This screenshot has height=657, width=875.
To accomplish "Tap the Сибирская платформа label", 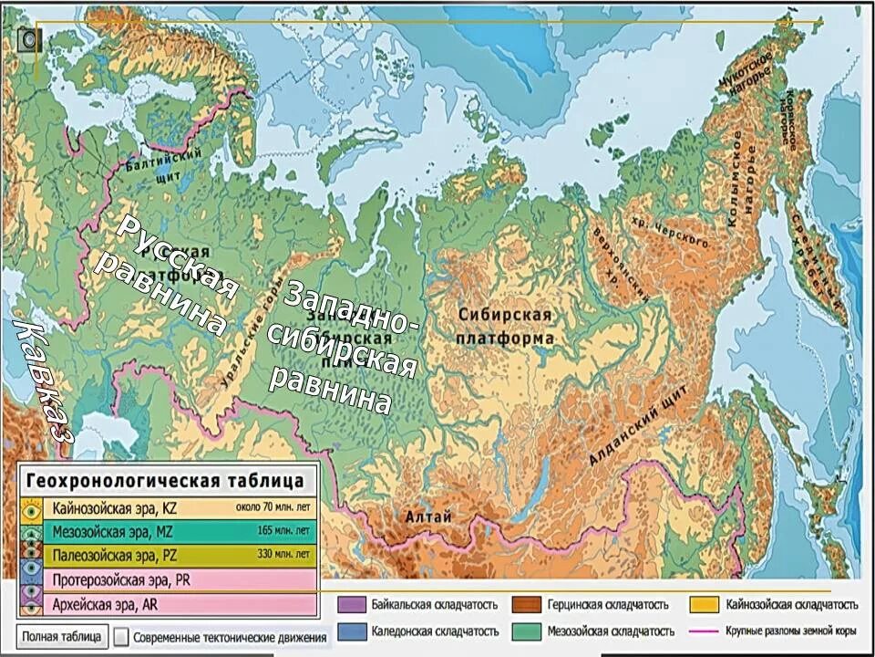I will point(505,327).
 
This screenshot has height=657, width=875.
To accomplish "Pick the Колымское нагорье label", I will point(741,179).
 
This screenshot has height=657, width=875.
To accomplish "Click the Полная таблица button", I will point(61,636).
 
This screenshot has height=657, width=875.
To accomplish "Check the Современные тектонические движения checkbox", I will point(122,637).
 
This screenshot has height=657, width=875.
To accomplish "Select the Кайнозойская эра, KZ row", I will point(168,507).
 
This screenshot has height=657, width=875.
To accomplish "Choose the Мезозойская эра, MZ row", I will point(168,531).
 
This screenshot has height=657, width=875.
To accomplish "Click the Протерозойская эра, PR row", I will point(168,579).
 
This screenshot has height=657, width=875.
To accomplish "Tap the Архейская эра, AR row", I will point(168,603).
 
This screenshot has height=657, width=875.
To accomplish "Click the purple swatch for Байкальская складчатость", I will point(347,605).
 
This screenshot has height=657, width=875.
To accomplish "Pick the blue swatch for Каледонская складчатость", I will point(347,631).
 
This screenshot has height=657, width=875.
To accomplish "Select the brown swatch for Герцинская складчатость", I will point(523,605).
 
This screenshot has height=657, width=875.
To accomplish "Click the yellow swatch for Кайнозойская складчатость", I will point(702,605).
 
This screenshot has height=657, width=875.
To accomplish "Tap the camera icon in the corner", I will point(29,38).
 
